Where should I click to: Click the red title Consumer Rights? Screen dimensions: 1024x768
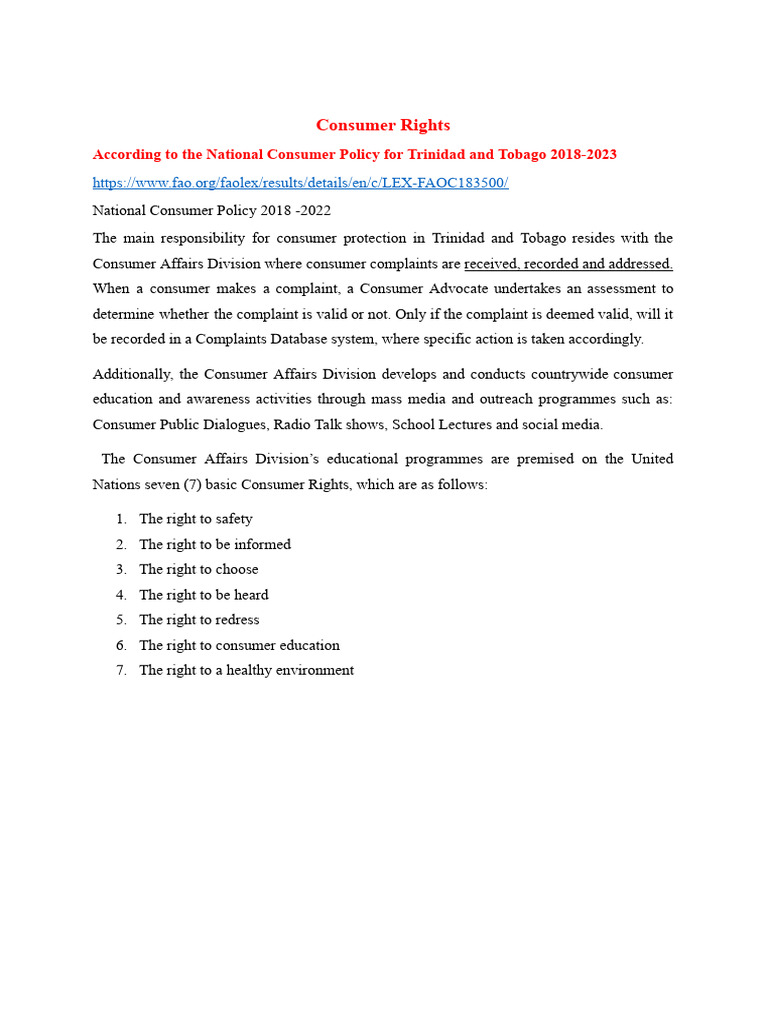coord(383,125)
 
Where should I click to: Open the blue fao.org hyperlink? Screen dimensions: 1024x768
coord(300,183)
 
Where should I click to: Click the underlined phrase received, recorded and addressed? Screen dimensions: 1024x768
coord(568,264)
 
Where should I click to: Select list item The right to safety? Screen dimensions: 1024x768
coord(196,519)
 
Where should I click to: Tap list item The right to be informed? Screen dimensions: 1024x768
coord(215,544)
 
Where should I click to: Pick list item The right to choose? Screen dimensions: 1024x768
coord(199,569)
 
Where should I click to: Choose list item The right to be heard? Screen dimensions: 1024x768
coord(204,595)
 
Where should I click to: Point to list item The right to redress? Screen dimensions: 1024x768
coord(199,620)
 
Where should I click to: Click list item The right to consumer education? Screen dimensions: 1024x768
coord(240,645)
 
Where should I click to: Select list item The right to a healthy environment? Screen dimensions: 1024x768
coord(247,670)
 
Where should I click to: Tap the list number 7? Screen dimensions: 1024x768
coord(120,670)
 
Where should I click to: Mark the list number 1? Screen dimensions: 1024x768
coord(120,519)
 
